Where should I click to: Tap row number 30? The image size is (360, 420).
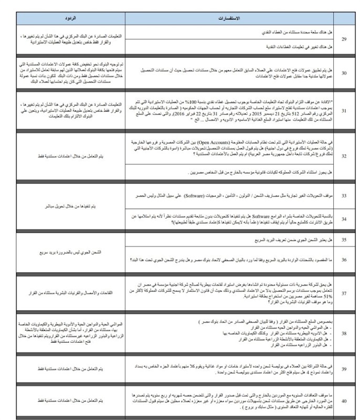344,72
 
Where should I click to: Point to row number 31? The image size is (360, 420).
344,110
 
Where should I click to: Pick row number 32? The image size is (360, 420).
344,156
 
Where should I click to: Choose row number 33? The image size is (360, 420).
344,195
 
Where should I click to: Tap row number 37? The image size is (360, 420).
344,293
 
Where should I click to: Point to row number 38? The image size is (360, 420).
344,333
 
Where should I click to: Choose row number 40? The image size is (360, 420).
344,401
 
